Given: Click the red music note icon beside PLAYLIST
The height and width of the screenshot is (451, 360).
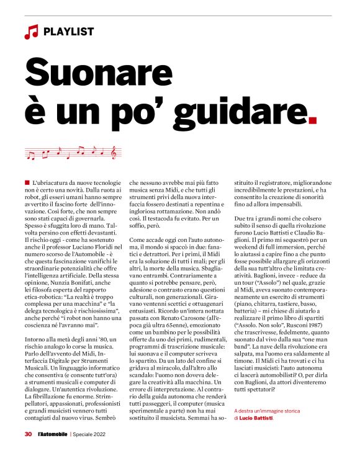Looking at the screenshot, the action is (31, 32).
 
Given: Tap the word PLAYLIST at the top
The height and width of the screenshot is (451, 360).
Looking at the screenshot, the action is (69, 31).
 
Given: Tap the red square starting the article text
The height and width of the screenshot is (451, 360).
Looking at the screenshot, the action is (27, 182).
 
